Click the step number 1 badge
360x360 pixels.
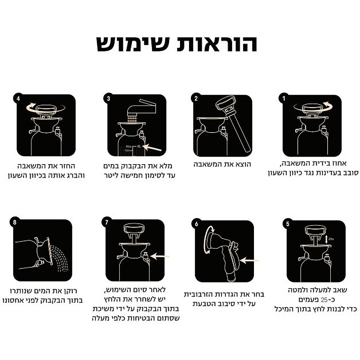coord(283,98)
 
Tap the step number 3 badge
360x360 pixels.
coord(108,98)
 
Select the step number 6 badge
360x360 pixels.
coord(196,224)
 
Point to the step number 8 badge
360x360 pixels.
coord(15,222)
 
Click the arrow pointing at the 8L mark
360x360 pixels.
coord(152,148)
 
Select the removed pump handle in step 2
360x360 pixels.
coord(233,123)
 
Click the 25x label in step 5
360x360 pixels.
coord(331,239)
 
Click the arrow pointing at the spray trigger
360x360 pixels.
coord(249,261)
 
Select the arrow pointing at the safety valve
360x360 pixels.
coord(160,256)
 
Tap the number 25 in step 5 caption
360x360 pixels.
coord(324,299)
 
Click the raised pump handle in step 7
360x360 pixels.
coord(134,232)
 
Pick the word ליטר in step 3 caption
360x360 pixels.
coord(112,176)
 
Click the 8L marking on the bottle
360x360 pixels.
coord(139,146)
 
